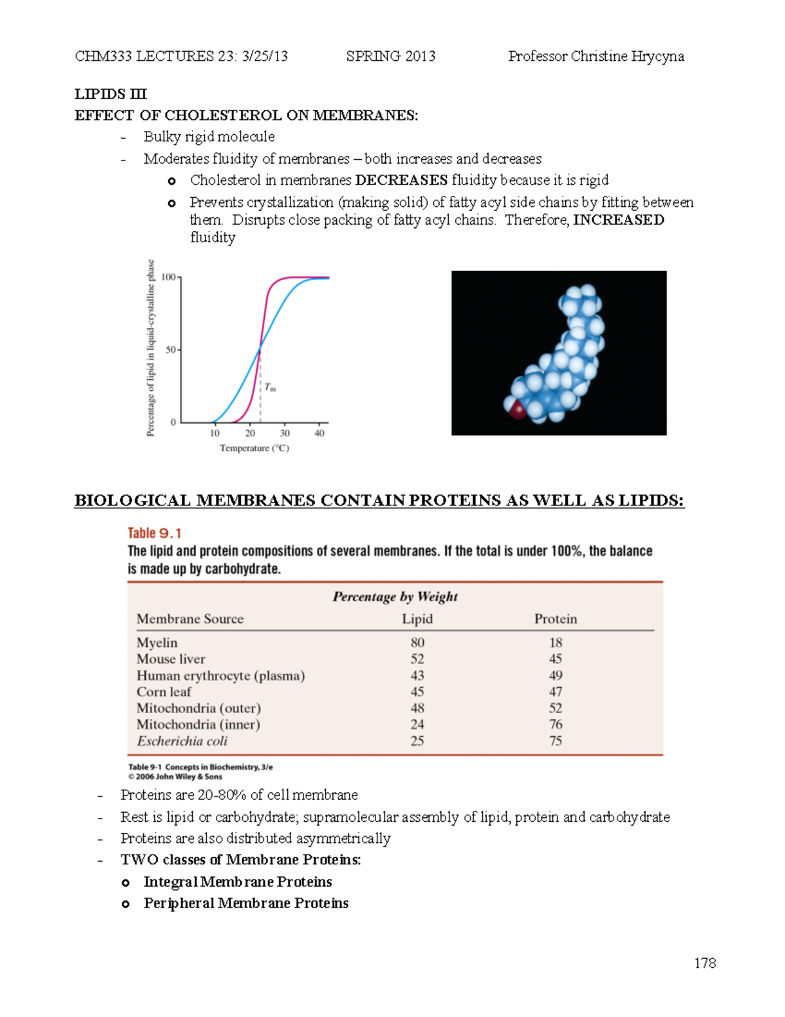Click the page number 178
tap(705, 963)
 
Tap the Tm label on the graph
tap(270, 388)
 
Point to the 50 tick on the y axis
tap(171, 350)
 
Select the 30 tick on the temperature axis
tap(285, 433)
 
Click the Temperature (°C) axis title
tap(254, 448)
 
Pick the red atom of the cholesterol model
tap(517, 411)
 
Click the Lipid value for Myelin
tap(417, 642)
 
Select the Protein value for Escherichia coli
tap(555, 741)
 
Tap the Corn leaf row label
tap(164, 692)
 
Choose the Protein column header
tap(555, 619)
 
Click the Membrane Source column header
tap(190, 619)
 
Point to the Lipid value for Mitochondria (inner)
tap(417, 724)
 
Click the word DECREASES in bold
tap(401, 180)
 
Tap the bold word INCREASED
tap(618, 220)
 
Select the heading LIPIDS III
tap(111, 94)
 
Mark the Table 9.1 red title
tap(154, 533)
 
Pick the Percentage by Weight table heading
tap(395, 597)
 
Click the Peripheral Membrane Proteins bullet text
tap(246, 903)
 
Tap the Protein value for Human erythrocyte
tap(555, 675)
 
